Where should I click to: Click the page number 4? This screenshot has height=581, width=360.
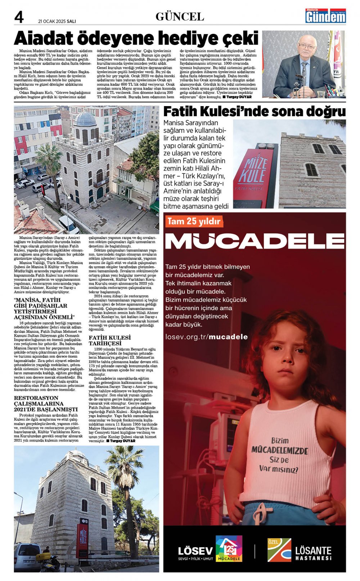[x=19, y=17]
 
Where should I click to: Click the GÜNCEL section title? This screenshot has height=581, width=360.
[x=180, y=17]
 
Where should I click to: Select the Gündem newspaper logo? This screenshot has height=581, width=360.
[x=325, y=16]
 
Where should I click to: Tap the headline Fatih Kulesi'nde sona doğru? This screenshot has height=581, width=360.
[x=254, y=112]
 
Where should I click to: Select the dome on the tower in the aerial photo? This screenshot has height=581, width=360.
[x=86, y=119]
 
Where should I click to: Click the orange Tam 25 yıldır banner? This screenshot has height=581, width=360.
[x=194, y=221]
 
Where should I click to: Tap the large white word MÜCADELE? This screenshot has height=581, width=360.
[x=255, y=241]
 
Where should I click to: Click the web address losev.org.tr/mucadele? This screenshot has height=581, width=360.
[x=207, y=337]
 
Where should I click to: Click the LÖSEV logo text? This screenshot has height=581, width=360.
[x=195, y=551]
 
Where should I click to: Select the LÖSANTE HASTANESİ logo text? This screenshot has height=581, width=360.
[x=313, y=553]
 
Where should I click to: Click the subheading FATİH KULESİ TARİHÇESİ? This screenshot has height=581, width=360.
[x=110, y=340]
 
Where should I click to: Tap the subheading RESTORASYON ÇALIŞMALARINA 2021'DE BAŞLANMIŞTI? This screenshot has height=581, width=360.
[x=46, y=403]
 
